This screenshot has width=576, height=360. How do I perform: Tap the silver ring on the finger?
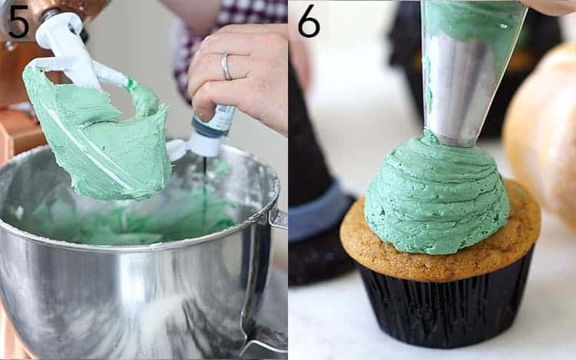click(x=226, y=67)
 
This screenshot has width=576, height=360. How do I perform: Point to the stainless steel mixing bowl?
click(x=115, y=292)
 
